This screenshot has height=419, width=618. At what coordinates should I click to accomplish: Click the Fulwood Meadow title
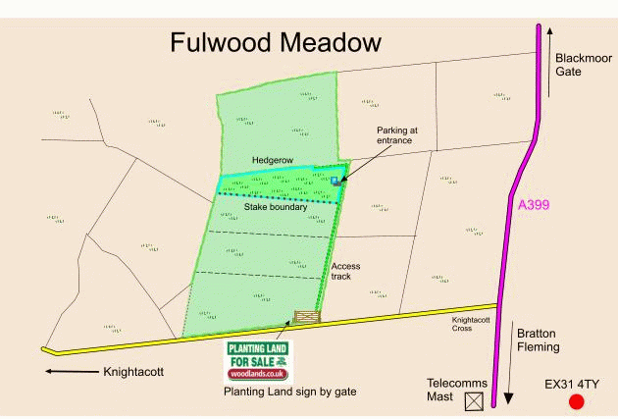click(x=275, y=43)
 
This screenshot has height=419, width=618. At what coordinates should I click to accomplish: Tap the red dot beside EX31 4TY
click(x=576, y=401)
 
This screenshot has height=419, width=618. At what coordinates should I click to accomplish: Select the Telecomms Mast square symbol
click(x=475, y=400)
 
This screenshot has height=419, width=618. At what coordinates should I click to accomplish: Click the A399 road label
click(x=534, y=205)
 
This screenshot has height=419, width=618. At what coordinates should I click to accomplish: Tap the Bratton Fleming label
click(x=539, y=340)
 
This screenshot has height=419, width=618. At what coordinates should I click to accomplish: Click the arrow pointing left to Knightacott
click(x=70, y=372)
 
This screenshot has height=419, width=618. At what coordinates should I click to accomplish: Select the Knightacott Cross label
click(x=472, y=323)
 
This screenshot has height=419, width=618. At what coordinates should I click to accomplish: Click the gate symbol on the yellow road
click(x=307, y=317)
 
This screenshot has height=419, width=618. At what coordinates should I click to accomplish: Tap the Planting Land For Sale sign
click(x=257, y=360)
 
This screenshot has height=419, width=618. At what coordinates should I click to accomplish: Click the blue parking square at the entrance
click(x=335, y=181)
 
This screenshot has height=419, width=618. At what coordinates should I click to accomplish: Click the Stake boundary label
click(x=276, y=207)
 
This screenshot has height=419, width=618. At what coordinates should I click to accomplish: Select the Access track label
click(x=346, y=271)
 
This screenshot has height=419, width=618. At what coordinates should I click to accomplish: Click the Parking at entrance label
click(x=397, y=135)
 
